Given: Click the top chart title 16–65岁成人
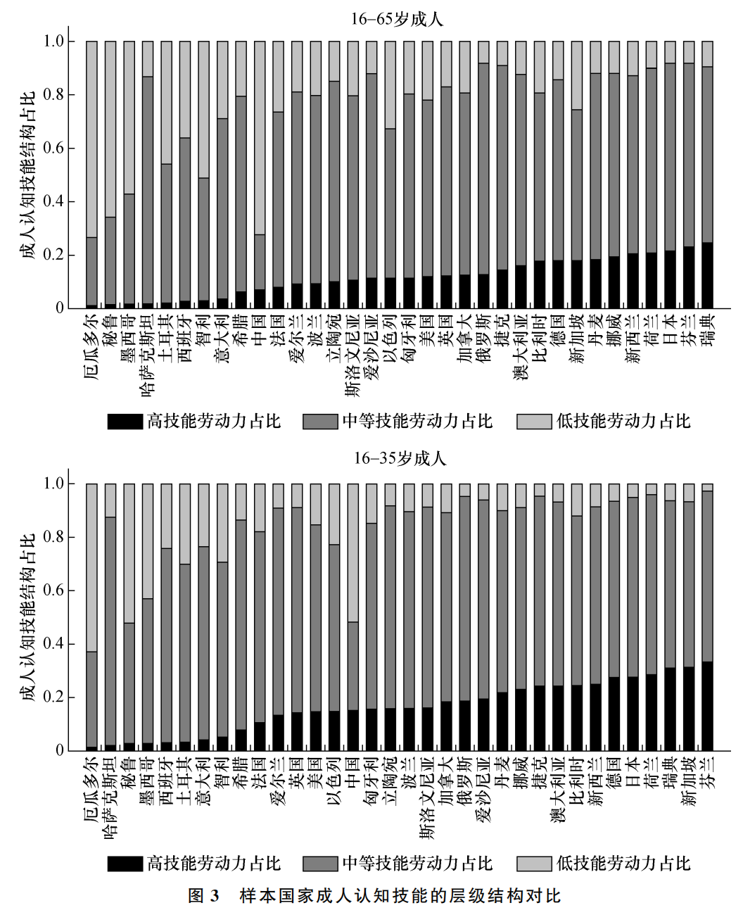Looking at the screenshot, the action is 397,20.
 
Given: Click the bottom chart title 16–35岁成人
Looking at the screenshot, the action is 400,458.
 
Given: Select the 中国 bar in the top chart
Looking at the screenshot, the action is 260,175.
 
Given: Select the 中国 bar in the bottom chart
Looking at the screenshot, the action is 353,617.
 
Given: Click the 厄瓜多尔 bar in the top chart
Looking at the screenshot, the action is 91,175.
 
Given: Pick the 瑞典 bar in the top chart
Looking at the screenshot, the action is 707,175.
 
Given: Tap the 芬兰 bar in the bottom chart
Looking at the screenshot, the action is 707,617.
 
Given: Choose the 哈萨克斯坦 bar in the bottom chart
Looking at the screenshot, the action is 110,617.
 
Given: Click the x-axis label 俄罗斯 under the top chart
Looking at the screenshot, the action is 483,336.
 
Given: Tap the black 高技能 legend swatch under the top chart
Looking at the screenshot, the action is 125,422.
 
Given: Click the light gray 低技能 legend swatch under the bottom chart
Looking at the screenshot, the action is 534,864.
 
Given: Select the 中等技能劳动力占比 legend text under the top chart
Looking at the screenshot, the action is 417,422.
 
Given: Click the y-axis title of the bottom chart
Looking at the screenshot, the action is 28,617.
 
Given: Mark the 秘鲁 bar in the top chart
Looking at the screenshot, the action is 110,175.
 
